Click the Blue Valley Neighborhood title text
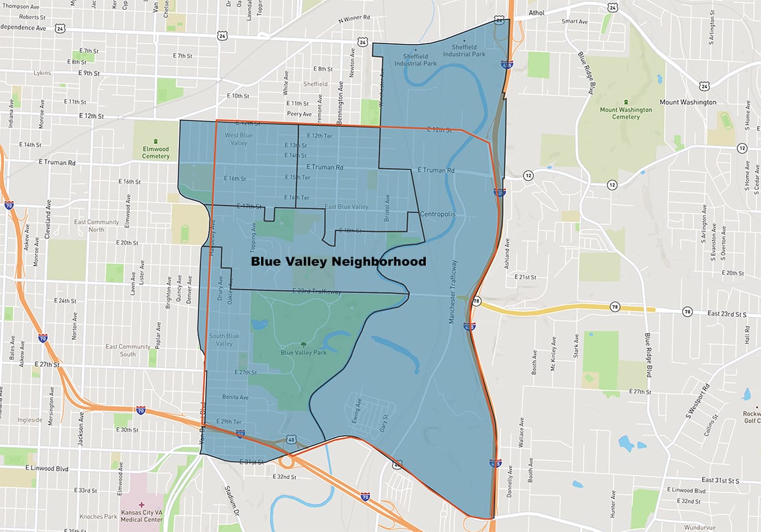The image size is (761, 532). (x=339, y=262)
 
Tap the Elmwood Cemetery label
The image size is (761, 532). (x=155, y=152)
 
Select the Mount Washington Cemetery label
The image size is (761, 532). (x=626, y=113)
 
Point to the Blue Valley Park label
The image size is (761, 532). (x=303, y=352)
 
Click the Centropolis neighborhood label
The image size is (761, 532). (x=437, y=215)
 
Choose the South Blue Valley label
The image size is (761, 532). (x=224, y=340)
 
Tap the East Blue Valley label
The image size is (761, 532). (x=346, y=207)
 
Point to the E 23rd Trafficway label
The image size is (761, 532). (x=316, y=291)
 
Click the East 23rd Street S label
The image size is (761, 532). (x=727, y=314)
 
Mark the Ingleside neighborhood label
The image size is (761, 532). (x=30, y=420)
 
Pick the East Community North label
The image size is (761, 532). (x=88, y=226)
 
